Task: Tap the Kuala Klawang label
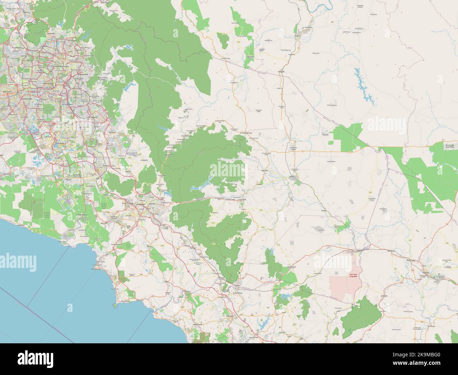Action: (186, 136)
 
